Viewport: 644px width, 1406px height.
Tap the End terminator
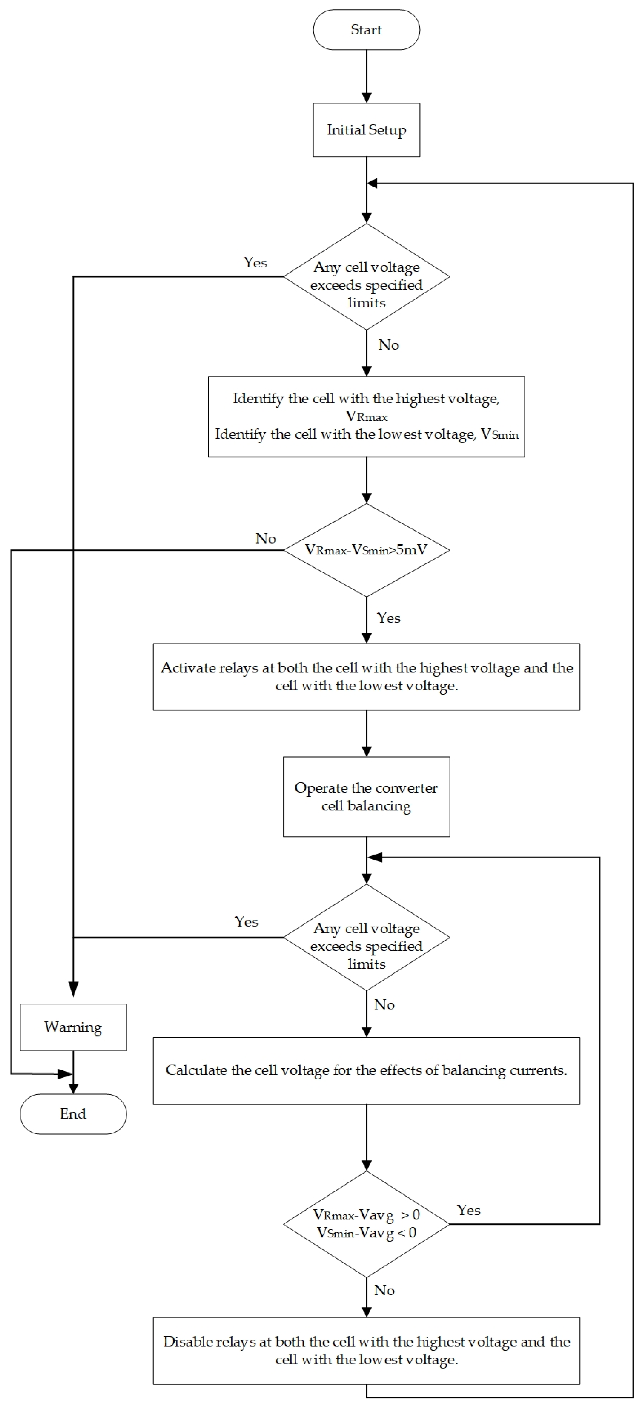tap(73, 1114)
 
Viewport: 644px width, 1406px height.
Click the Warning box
tap(73, 1027)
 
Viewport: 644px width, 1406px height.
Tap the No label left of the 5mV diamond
tap(266, 539)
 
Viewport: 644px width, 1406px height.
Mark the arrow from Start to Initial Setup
tap(366, 76)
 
